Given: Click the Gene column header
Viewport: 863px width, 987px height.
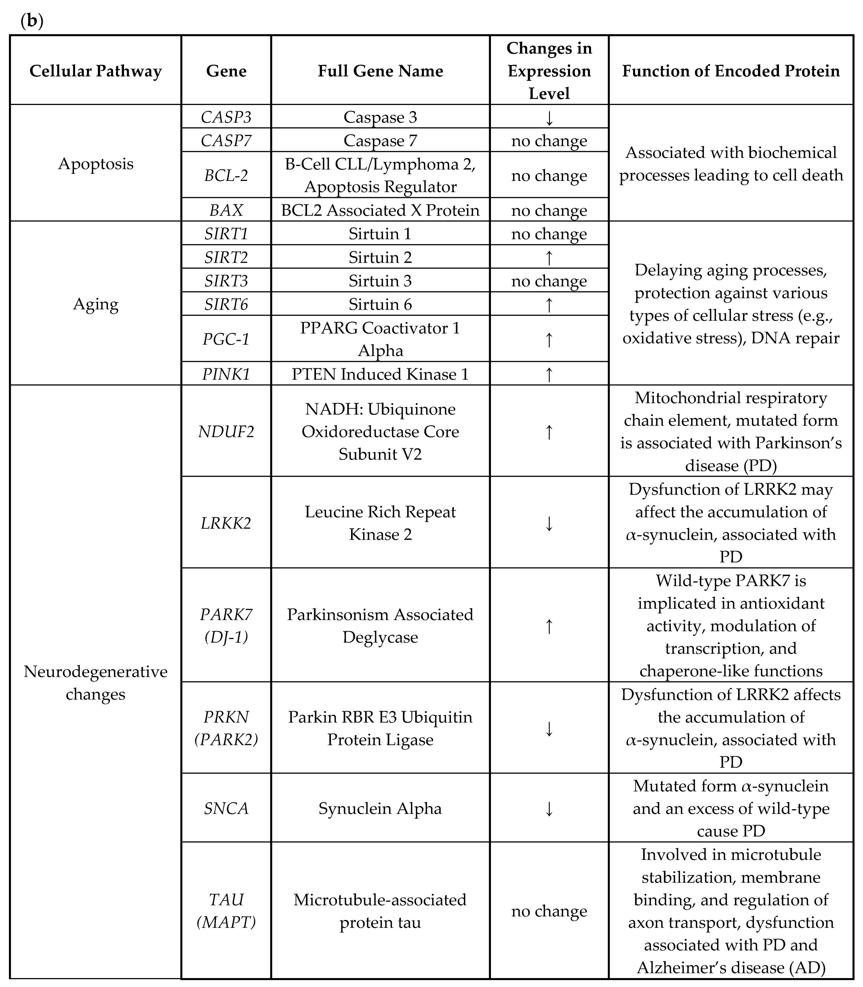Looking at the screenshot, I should click(226, 71).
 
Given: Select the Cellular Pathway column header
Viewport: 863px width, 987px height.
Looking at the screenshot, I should click(95, 71).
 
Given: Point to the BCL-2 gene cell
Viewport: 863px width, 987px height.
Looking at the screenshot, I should click(226, 175).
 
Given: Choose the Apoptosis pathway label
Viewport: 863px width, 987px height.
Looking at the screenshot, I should click(95, 164).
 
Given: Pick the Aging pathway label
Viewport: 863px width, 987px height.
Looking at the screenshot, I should click(95, 304).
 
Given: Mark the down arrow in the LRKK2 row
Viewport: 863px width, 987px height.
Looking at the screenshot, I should click(549, 523).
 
